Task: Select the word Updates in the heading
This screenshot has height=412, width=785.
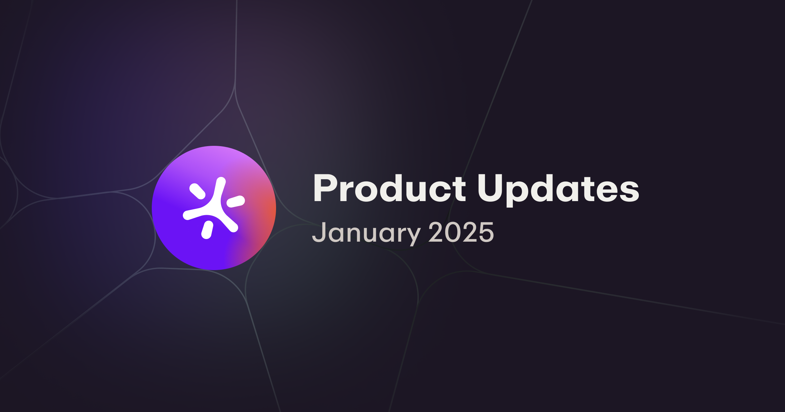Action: point(558,189)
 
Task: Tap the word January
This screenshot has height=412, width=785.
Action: point(366,233)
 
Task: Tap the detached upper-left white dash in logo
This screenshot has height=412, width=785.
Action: point(198,191)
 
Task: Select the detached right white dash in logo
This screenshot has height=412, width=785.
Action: point(235,201)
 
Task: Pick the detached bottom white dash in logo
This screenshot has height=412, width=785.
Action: point(207,230)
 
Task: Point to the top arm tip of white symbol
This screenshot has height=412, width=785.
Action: point(221,181)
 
